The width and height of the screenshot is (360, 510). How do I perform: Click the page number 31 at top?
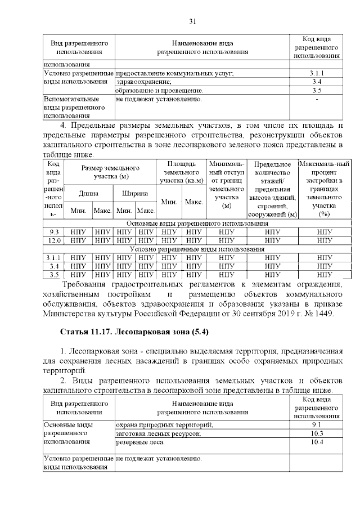[x=192, y=21]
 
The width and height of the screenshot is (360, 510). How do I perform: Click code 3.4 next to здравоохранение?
[x=317, y=82]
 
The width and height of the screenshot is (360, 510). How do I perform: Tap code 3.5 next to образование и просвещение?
[x=317, y=90]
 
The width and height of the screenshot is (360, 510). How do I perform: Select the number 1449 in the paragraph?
[x=322, y=314]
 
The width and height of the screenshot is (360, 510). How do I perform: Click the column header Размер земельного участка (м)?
[x=110, y=172]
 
